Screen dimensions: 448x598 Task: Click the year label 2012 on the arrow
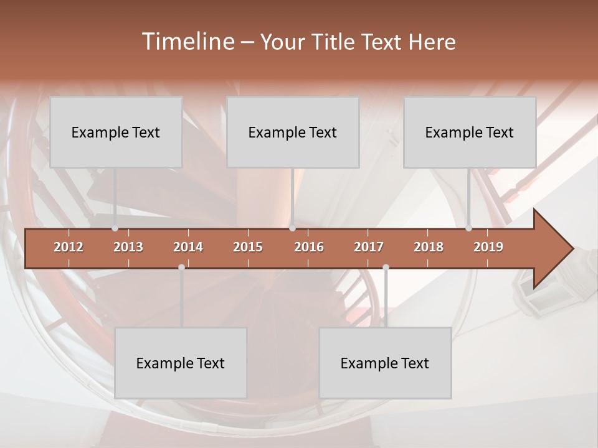(69, 247)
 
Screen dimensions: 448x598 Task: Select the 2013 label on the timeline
(128, 247)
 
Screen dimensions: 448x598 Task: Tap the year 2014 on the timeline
(188, 247)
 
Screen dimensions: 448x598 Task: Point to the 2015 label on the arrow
(248, 247)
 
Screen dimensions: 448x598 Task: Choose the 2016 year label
(309, 247)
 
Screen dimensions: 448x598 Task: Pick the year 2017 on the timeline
(369, 247)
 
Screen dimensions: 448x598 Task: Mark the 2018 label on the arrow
(429, 247)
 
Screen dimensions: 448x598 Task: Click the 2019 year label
(488, 247)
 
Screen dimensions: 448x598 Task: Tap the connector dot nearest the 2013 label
(115, 228)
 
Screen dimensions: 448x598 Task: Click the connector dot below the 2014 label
(181, 267)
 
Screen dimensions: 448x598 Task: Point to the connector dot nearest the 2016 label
(292, 228)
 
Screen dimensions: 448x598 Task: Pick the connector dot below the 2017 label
(386, 267)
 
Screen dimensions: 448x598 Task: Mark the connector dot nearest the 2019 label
(468, 228)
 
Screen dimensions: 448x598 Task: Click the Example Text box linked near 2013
(116, 132)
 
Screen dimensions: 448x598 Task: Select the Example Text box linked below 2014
(181, 363)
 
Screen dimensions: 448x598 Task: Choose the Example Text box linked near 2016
(293, 132)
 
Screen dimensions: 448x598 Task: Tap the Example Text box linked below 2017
(385, 363)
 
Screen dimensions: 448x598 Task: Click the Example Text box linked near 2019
(470, 132)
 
